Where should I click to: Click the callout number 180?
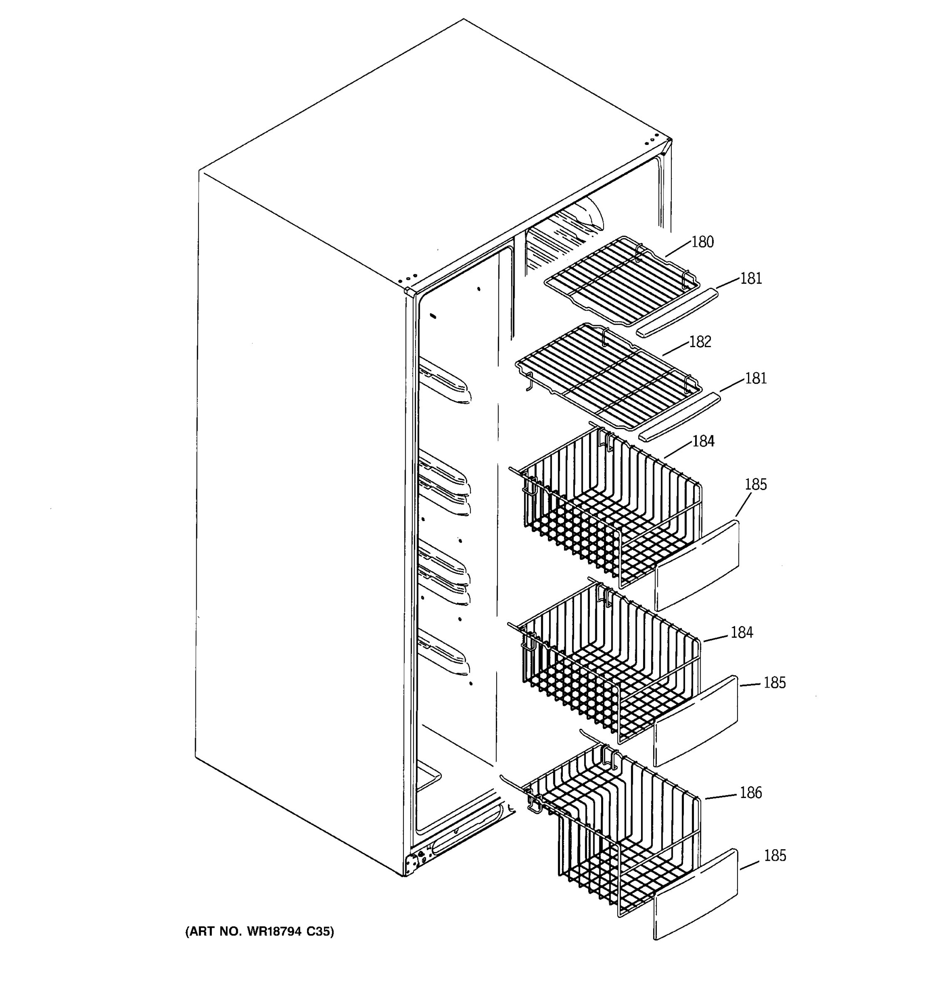[702, 242]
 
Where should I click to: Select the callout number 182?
[700, 342]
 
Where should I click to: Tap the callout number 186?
[750, 793]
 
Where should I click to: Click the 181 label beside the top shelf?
[751, 278]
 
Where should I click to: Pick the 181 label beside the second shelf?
[755, 378]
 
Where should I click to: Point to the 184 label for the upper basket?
[703, 441]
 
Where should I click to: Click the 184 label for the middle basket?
[741, 632]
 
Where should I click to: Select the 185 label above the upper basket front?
[755, 485]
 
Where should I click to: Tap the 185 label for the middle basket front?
[774, 682]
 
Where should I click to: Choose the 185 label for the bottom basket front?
[775, 855]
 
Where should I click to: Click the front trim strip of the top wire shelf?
[677, 313]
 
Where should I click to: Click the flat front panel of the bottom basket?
[696, 895]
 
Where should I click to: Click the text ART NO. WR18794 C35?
[260, 931]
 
